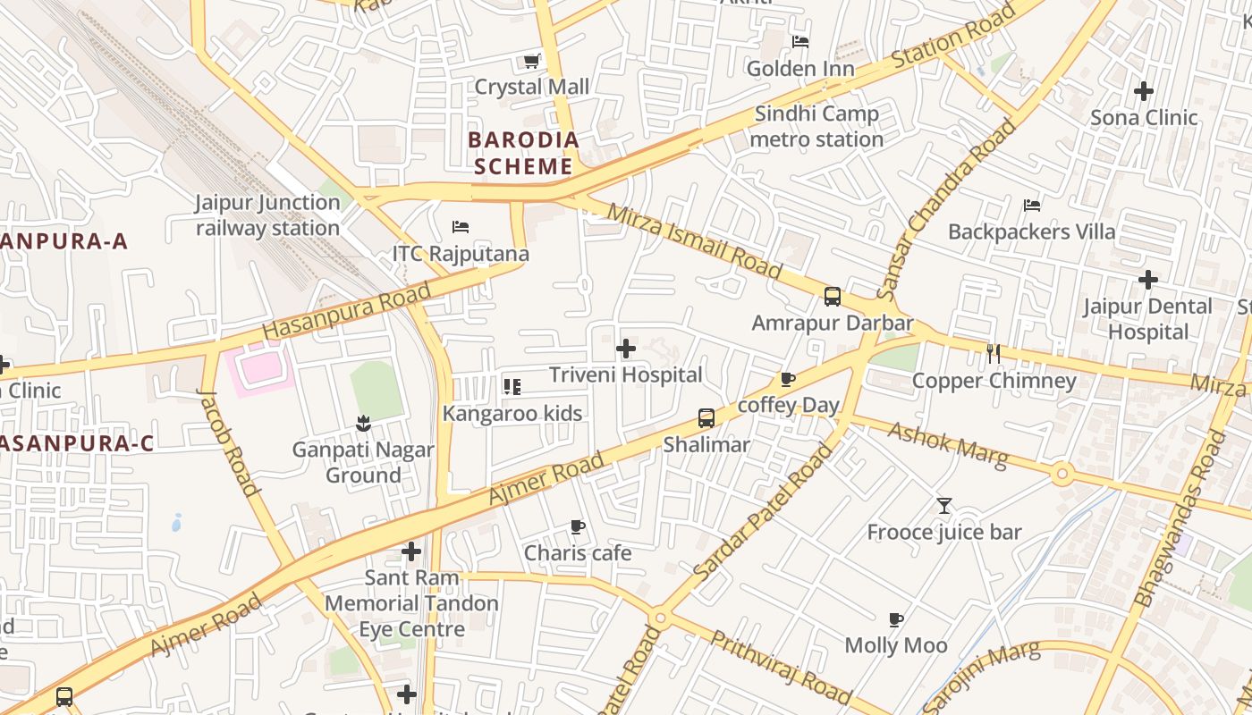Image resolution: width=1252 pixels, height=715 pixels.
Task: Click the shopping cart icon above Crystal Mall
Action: [x=531, y=61]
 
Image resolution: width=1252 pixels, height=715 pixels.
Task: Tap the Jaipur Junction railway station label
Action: [x=268, y=215]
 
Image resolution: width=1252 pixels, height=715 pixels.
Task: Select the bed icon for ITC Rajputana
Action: [x=461, y=227]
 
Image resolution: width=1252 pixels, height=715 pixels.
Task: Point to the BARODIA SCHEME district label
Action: [x=523, y=153]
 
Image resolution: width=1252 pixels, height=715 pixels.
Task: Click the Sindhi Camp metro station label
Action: [x=816, y=127]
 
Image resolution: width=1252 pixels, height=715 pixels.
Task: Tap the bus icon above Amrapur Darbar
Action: [x=832, y=297]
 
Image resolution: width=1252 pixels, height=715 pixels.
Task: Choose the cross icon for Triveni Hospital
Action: [x=626, y=349]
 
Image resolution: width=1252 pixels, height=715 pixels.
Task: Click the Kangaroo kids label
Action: [x=512, y=414]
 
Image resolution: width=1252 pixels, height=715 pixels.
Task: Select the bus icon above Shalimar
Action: [x=706, y=418]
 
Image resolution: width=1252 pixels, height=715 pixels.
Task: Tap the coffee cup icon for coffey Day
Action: [x=788, y=380]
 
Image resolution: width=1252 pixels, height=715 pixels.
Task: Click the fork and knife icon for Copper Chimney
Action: [x=994, y=354]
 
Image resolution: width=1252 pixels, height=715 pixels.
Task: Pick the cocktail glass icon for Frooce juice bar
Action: [x=944, y=506]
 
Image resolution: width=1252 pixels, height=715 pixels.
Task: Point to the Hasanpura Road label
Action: [x=347, y=311]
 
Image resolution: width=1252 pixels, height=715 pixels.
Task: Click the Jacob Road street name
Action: [x=229, y=442]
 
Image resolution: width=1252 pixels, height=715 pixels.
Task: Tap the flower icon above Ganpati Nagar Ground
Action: [x=363, y=422]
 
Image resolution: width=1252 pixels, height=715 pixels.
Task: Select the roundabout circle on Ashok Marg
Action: [x=1062, y=474]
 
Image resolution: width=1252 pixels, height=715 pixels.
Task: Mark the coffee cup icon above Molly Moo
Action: [x=896, y=619]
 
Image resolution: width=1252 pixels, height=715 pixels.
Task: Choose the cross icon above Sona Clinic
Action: [x=1143, y=91]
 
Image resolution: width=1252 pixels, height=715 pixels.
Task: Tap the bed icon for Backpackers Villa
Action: [x=1031, y=206]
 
